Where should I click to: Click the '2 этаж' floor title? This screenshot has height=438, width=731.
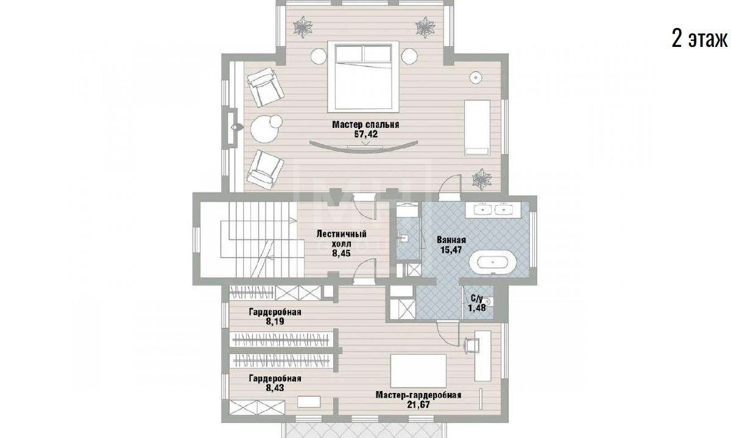click(699, 39)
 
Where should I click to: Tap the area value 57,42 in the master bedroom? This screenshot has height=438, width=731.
click(366, 134)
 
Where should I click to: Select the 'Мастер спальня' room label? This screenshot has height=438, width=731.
click(365, 125)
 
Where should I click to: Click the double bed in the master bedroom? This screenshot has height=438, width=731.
click(363, 77)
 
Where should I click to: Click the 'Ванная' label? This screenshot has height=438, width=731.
click(451, 240)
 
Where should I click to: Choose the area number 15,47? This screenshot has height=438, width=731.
click(451, 250)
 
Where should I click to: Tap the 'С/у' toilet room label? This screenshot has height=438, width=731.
click(477, 298)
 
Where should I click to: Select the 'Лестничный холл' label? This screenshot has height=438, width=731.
click(341, 239)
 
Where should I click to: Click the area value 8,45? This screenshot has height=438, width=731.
click(341, 253)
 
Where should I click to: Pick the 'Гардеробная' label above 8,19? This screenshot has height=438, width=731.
click(275, 312)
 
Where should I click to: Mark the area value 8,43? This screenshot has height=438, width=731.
click(275, 388)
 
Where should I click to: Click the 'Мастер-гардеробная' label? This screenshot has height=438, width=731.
click(418, 395)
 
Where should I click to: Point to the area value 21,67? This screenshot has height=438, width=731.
click(418, 405)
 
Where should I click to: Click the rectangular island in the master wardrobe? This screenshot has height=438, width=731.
click(418, 371)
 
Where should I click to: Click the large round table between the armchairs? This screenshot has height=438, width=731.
click(264, 130)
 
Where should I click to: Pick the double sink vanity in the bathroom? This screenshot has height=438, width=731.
click(493, 210)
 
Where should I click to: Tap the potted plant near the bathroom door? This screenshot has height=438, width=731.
click(482, 179)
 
